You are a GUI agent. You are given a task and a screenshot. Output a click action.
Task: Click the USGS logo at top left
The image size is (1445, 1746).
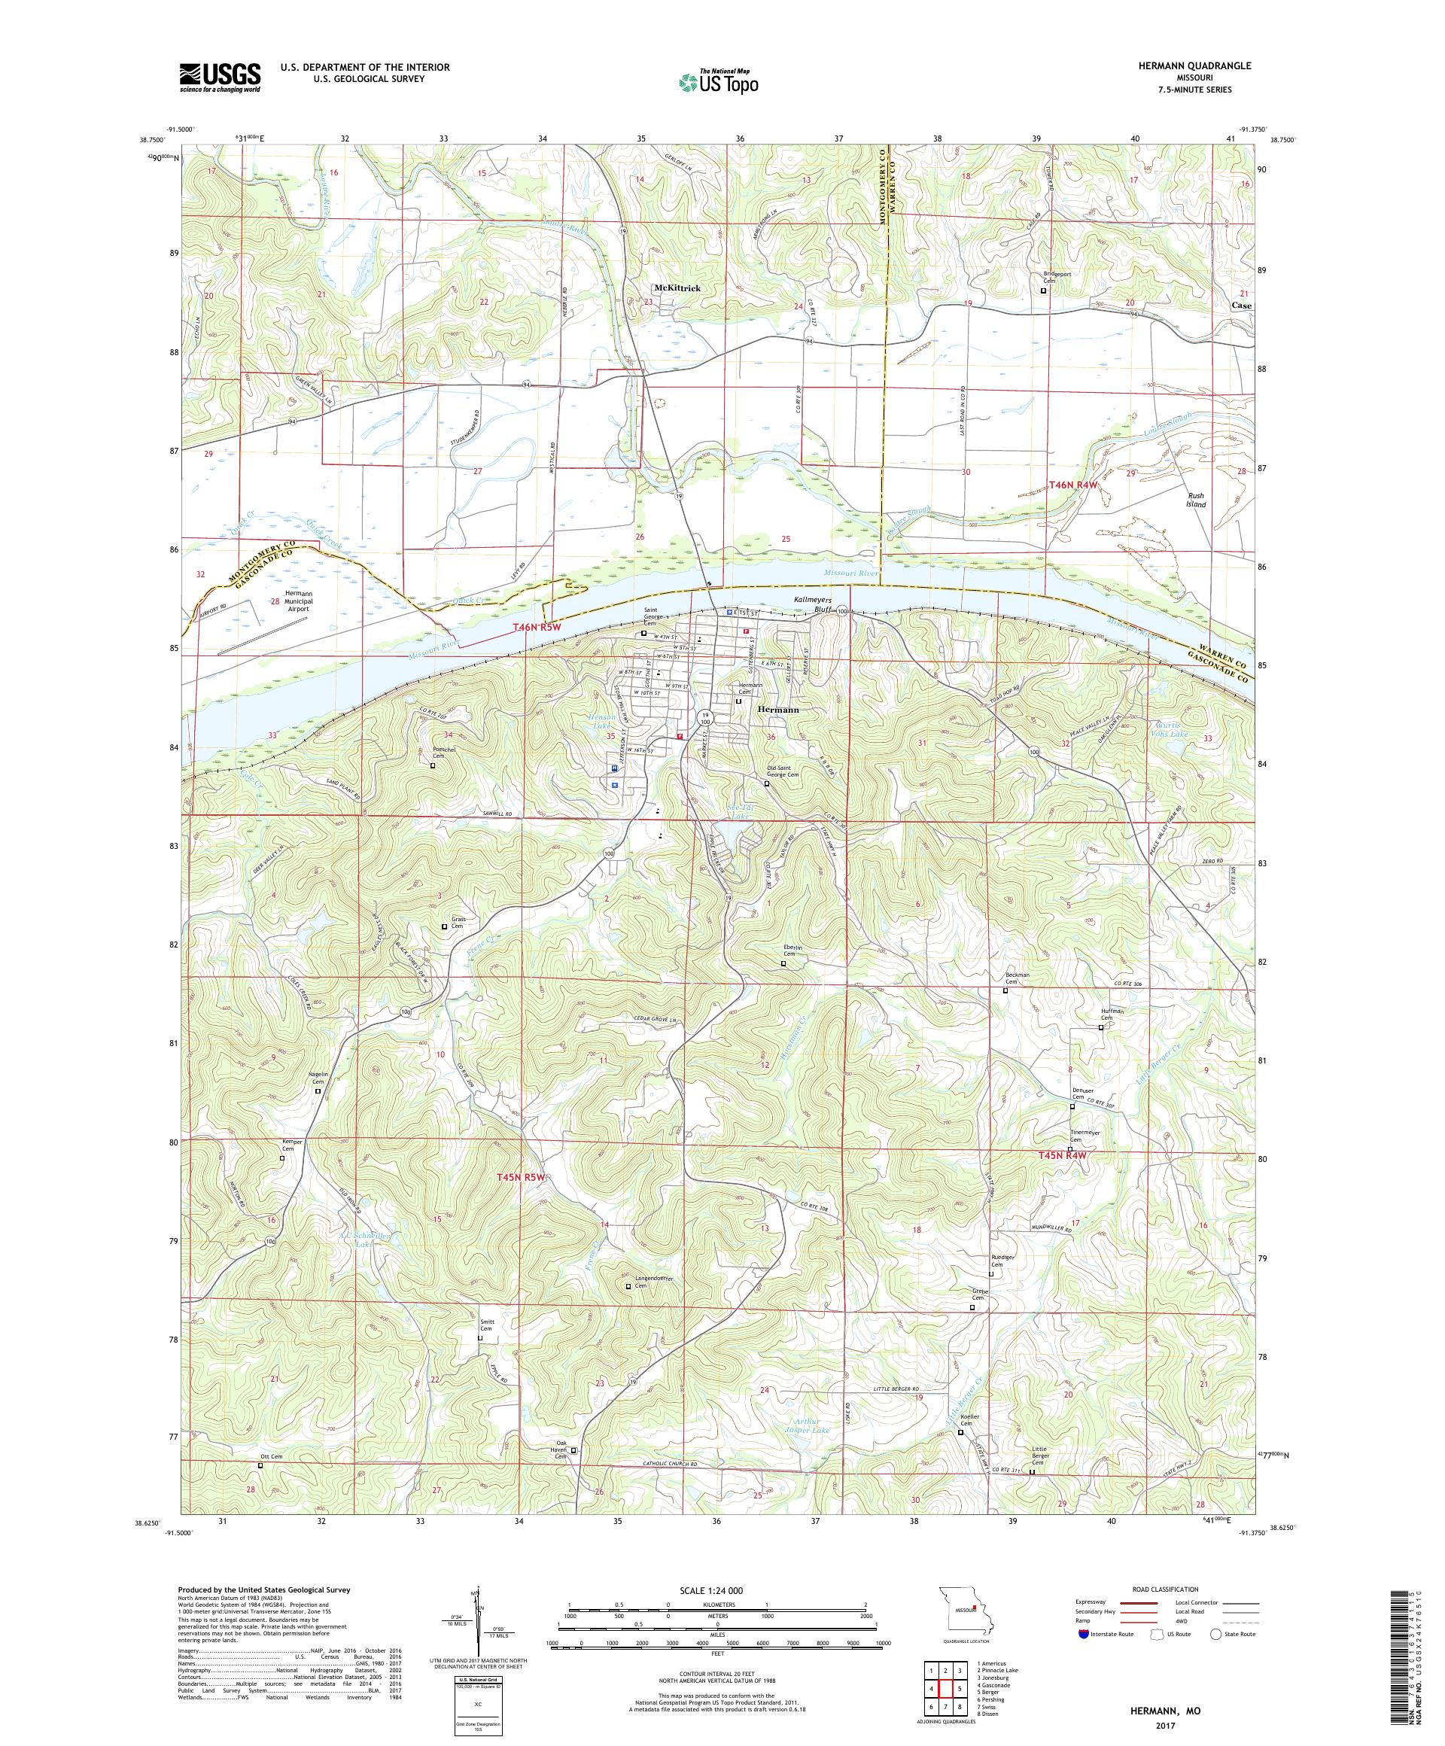[220, 78]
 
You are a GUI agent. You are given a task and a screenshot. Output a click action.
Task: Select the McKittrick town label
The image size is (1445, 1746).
[677, 287]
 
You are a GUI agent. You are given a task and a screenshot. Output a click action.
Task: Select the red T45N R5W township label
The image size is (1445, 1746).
[522, 1176]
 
